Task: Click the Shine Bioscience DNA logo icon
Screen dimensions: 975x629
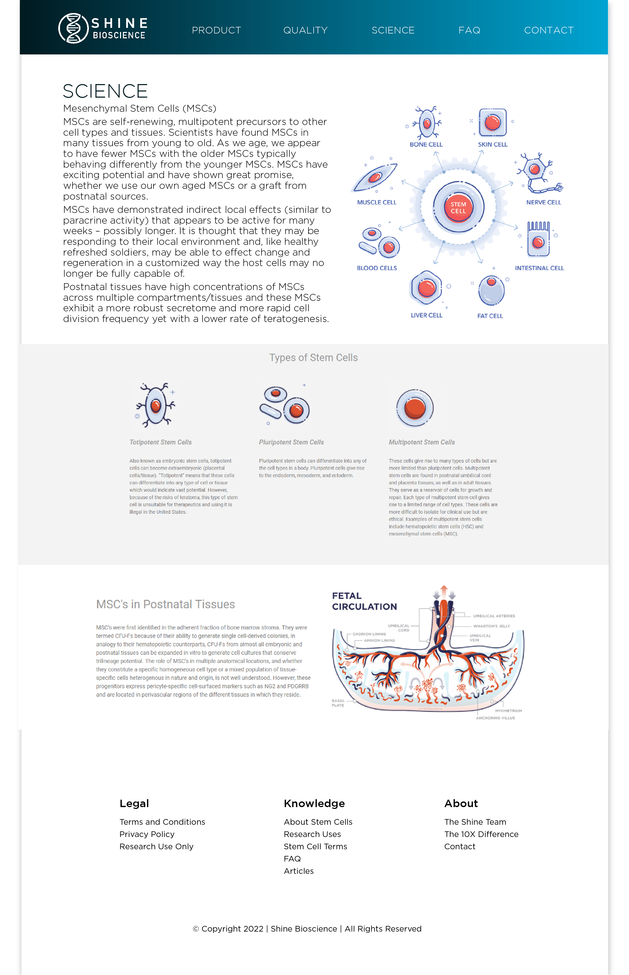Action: (73, 28)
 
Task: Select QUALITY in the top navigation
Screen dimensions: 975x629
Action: (305, 30)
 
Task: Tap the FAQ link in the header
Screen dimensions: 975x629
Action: (469, 30)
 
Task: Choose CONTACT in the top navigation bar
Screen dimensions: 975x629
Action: (549, 30)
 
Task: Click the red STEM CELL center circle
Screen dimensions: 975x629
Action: (458, 208)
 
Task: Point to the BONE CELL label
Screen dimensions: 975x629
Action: (426, 145)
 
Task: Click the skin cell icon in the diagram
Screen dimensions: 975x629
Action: (493, 122)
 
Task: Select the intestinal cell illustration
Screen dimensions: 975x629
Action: (538, 240)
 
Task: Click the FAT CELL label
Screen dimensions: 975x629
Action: (490, 316)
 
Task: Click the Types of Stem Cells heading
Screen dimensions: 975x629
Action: (313, 358)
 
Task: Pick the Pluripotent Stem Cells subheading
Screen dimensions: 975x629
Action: (291, 442)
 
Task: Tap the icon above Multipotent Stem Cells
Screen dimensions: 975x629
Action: (414, 408)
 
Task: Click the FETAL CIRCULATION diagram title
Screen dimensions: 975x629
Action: (364, 601)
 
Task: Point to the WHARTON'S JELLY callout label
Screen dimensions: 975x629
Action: (491, 626)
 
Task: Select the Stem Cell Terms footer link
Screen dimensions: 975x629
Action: (315, 846)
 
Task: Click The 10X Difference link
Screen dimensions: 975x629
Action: (481, 834)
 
